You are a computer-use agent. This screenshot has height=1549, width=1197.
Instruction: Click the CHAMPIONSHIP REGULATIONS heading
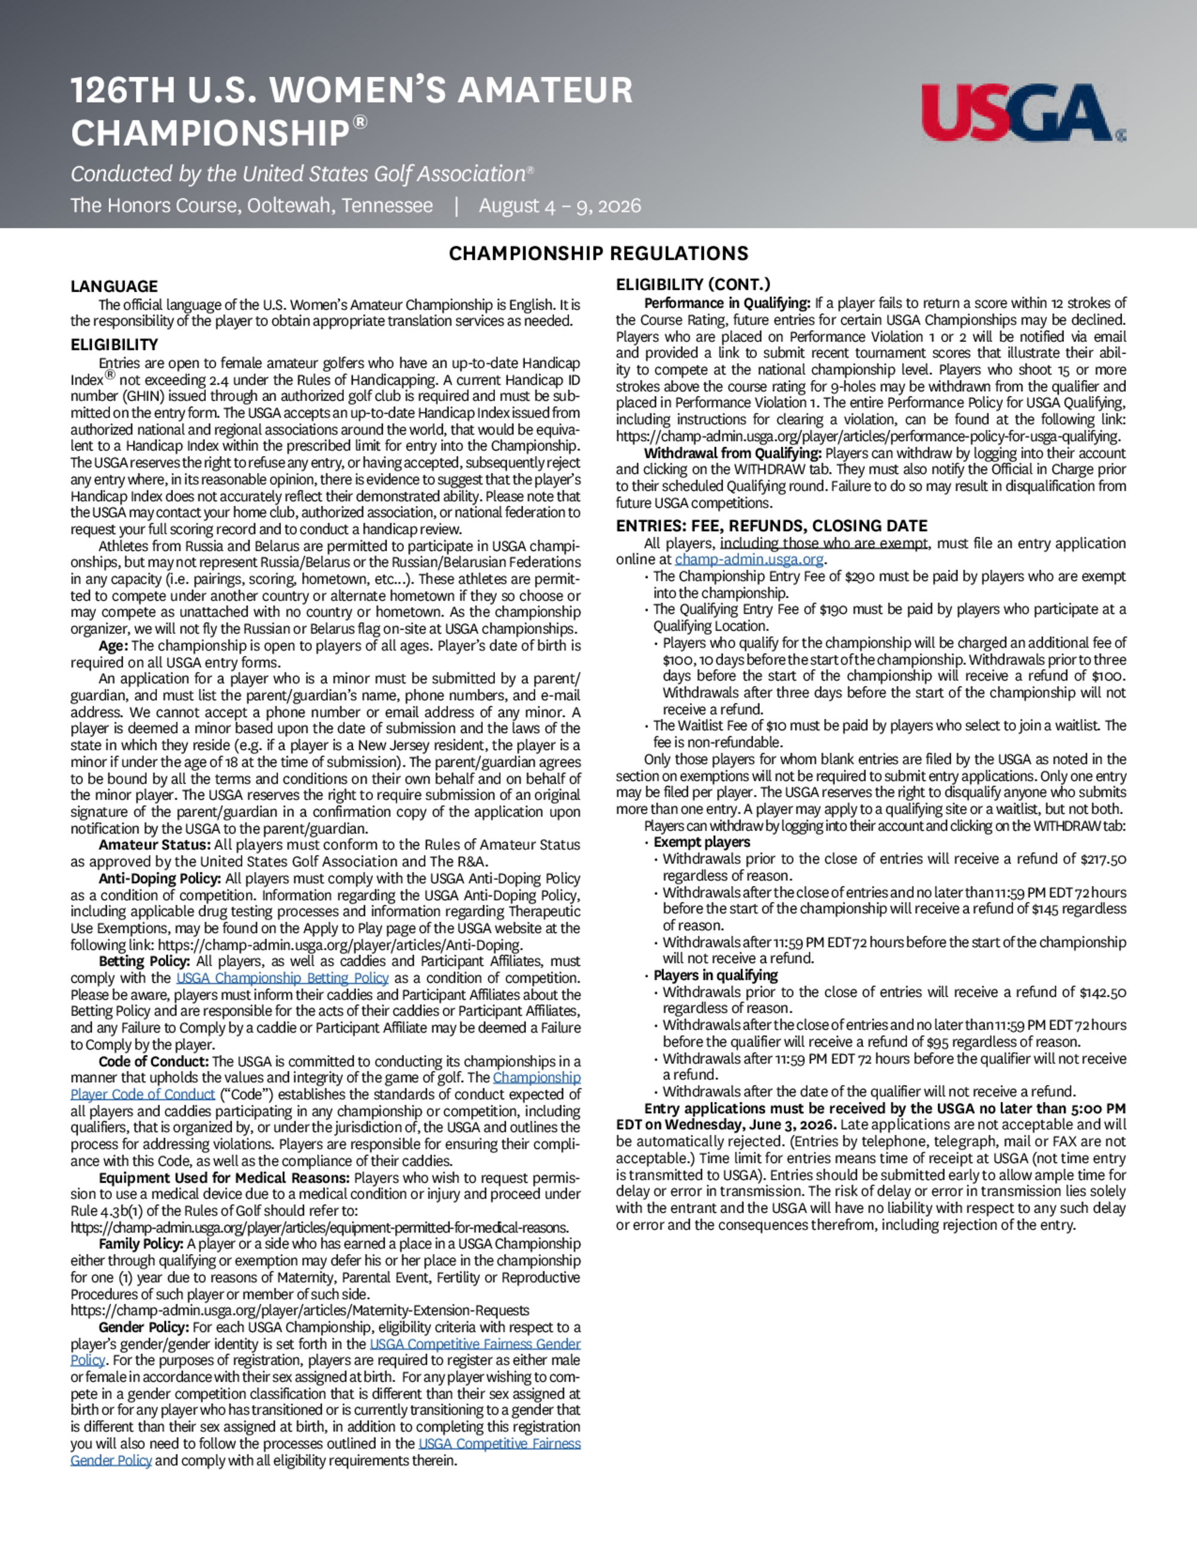pyautogui.click(x=598, y=253)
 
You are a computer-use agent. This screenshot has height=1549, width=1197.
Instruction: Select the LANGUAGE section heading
pyautogui.click(x=114, y=287)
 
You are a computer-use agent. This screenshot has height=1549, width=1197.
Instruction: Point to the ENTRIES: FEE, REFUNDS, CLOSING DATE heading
pyautogui.click(x=771, y=526)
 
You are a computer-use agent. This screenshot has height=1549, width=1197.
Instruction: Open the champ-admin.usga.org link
pyautogui.click(x=749, y=560)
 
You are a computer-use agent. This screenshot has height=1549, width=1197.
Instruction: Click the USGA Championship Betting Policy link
pyautogui.click(x=282, y=978)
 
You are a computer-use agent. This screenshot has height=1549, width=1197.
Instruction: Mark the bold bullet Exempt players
pyautogui.click(x=701, y=842)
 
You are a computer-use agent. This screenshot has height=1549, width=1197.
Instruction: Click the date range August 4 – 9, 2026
pyautogui.click(x=560, y=206)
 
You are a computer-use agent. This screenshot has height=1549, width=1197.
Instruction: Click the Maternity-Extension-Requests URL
pyautogui.click(x=300, y=1310)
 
